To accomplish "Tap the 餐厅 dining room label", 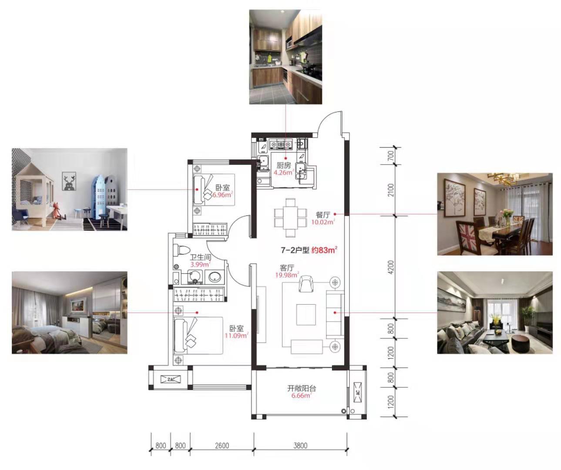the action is click(322, 215).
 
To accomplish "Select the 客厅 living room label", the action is click(287, 268).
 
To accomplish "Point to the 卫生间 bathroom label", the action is click(201, 257).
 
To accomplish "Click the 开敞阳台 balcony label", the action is click(302, 388).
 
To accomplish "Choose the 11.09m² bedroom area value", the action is click(236, 336).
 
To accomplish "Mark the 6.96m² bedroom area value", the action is click(222, 195).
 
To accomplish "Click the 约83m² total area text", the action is click(324, 250).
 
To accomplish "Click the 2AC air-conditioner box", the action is click(171, 379).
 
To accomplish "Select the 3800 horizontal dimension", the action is click(300, 446).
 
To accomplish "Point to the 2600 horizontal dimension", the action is click(222, 446).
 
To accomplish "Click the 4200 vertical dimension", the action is click(391, 267).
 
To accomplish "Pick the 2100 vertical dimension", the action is click(391, 190).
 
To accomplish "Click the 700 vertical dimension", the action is click(391, 156).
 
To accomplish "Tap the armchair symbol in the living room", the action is click(306, 283).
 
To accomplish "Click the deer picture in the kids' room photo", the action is click(69, 181).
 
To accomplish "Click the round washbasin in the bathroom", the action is click(215, 277).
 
